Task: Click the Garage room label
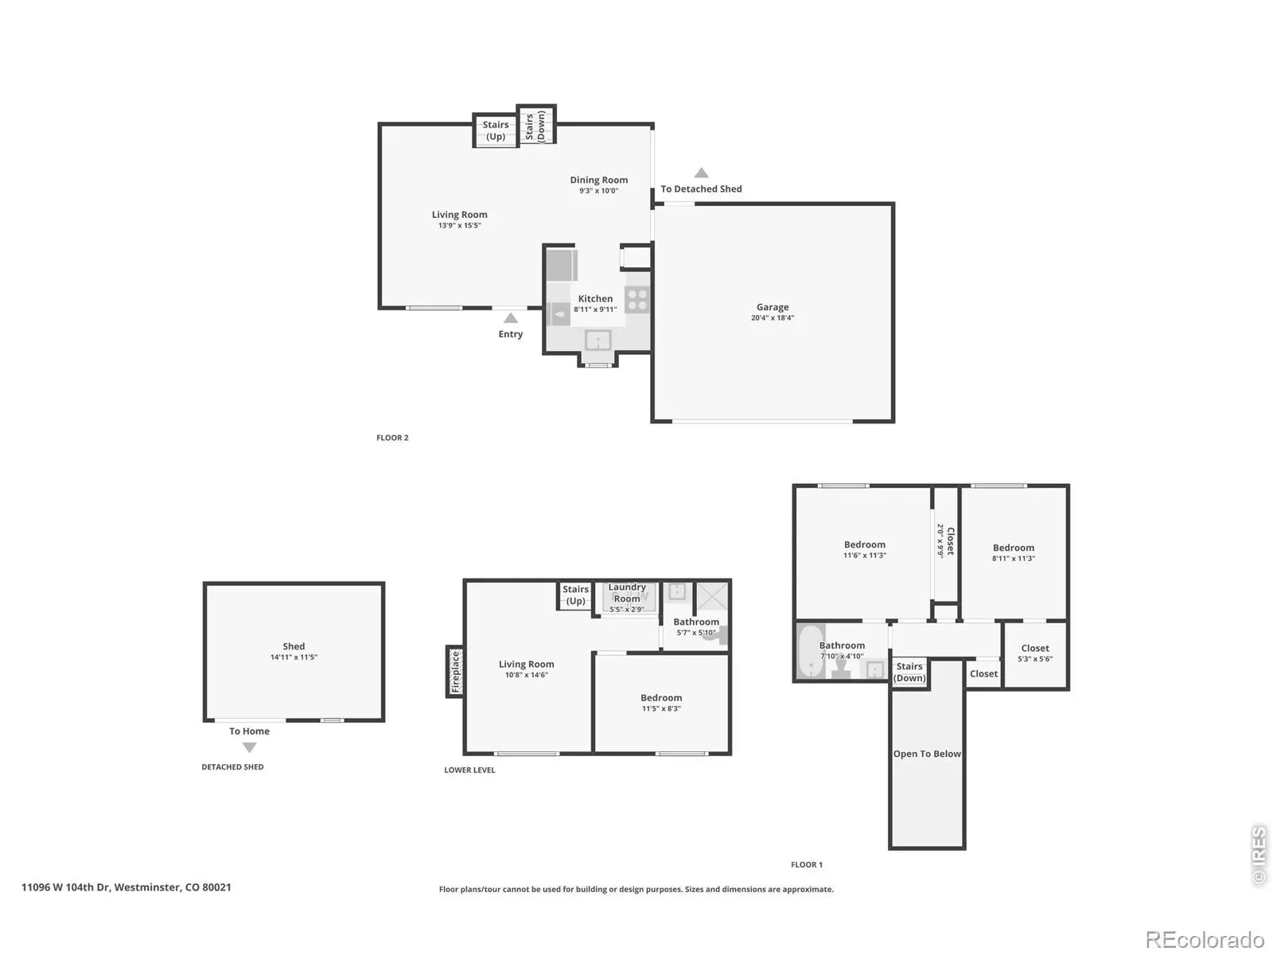(x=772, y=306)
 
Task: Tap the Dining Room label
(x=598, y=180)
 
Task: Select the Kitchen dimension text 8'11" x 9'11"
(x=595, y=310)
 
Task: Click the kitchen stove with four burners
(x=637, y=300)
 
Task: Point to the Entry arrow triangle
(x=510, y=318)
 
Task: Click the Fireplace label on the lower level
(x=455, y=672)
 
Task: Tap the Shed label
(x=294, y=646)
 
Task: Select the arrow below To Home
(x=249, y=748)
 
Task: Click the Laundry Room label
(x=627, y=593)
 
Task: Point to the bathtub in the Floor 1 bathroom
(x=811, y=650)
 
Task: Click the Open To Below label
(x=927, y=754)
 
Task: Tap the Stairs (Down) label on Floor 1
(x=909, y=672)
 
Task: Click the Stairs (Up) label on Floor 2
(x=496, y=131)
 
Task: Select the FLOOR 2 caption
(x=392, y=438)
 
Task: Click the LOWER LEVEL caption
(x=469, y=770)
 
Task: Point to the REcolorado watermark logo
(x=1205, y=939)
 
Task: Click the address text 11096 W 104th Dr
(x=65, y=887)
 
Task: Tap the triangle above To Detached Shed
(x=701, y=173)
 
